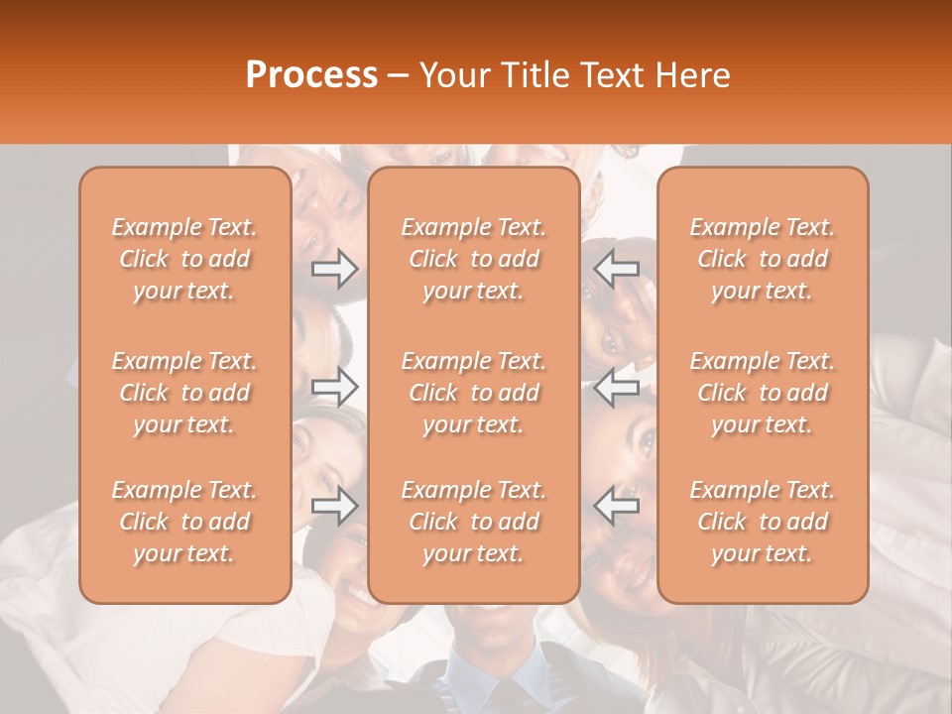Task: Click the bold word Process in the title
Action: pos(311,74)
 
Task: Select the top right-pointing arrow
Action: pos(334,269)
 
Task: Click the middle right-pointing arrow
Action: pos(334,387)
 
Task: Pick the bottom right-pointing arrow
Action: pos(334,506)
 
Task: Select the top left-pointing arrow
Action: pos(616,269)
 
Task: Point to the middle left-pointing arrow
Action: pos(616,387)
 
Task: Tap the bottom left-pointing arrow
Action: pos(616,506)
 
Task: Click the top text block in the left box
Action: pos(184,259)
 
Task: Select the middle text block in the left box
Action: pos(184,393)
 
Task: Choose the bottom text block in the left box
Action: pos(184,522)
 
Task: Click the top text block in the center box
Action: pos(474,259)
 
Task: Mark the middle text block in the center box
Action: pos(474,393)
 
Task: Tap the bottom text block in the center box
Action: pos(474,522)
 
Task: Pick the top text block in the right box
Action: pos(763,259)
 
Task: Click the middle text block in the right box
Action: pos(763,393)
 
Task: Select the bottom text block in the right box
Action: pos(763,522)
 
